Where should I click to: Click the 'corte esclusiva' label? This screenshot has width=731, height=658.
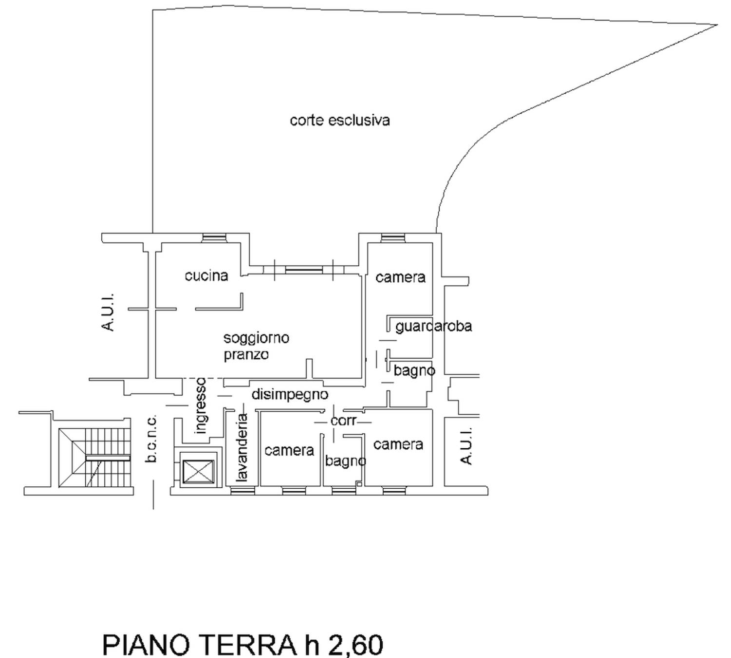[340, 120]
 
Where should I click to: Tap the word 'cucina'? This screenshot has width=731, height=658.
[206, 276]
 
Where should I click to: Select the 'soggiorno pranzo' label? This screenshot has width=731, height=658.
[256, 346]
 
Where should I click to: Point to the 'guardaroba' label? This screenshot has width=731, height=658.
[433, 326]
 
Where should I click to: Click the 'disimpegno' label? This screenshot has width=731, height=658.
[290, 394]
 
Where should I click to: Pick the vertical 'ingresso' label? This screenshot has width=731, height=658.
[201, 406]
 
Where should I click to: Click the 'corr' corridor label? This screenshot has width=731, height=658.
[343, 421]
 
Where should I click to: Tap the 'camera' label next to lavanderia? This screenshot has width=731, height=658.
[289, 451]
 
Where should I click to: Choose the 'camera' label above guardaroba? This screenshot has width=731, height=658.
[400, 278]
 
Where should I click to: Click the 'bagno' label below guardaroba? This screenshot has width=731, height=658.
[414, 371]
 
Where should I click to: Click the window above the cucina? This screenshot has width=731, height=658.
[214, 238]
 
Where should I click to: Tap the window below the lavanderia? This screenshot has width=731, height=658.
[242, 491]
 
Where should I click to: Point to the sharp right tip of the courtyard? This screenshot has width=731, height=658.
[717, 25]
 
